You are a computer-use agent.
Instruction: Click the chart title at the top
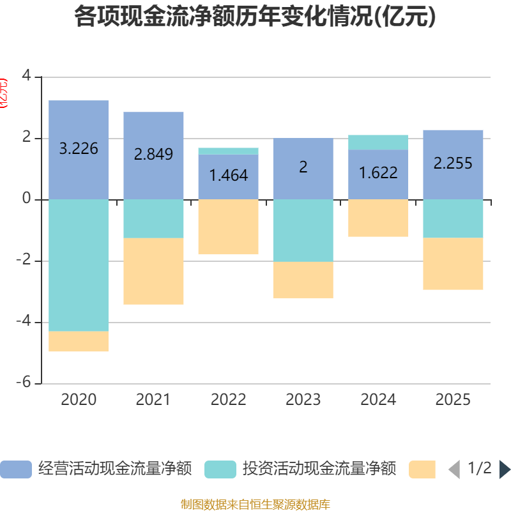coord(255,17)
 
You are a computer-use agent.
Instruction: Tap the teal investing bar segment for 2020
coord(79,265)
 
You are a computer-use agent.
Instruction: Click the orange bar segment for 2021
coord(153,271)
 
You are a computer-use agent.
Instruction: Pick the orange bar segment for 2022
coord(228,227)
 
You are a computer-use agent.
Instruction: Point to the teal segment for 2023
coord(303,230)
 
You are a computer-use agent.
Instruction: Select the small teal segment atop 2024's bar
coord(378,142)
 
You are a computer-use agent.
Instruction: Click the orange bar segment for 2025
coord(453,264)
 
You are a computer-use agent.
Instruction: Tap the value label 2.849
coord(153,154)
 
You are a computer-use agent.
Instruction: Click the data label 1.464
coord(228,175)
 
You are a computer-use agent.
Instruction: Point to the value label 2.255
coord(453,164)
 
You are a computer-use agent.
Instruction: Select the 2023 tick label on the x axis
coord(303,400)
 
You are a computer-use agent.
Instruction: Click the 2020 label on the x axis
coord(79,400)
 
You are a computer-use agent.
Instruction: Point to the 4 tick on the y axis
coord(26,76)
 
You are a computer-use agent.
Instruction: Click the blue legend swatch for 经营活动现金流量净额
coord(16,469)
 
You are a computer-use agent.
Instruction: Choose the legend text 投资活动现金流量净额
coord(319,469)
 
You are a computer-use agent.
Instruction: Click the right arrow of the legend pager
coord(505,469)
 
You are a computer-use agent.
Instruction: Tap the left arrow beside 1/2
coord(454,469)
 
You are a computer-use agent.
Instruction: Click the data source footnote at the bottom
coord(255,505)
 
